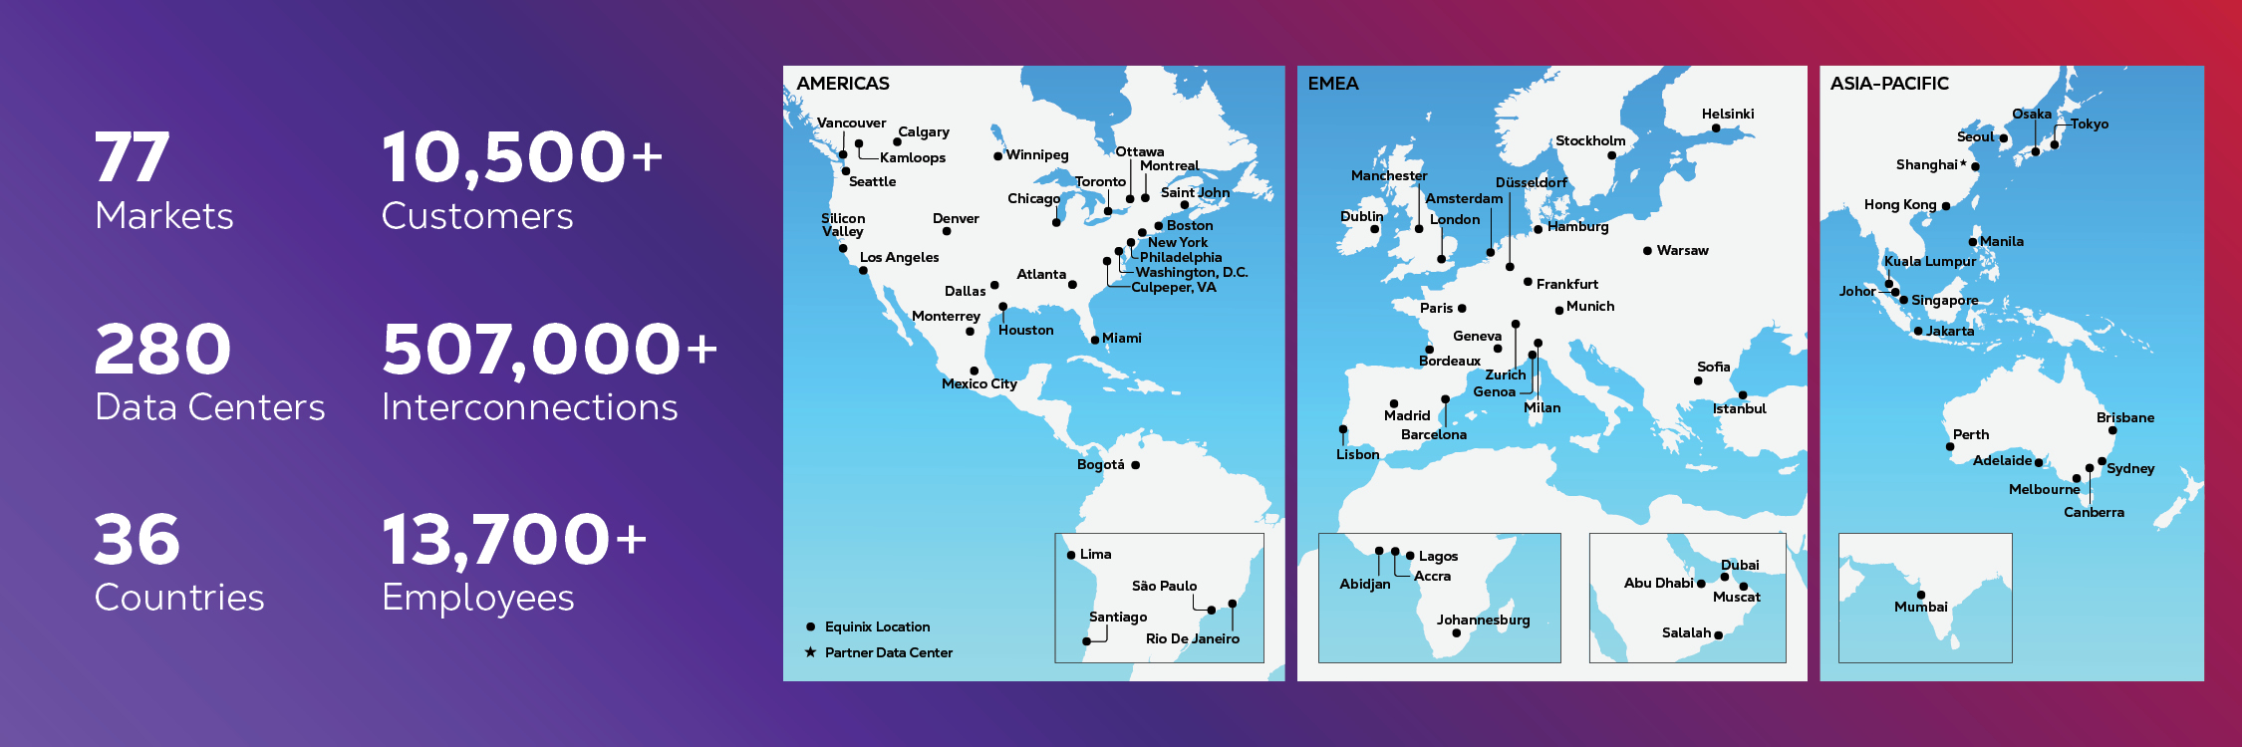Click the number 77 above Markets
click(x=132, y=157)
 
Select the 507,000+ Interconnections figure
click(x=549, y=350)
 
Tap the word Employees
click(x=477, y=598)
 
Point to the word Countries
click(x=179, y=598)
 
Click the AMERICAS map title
click(x=843, y=84)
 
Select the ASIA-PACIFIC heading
click(x=1889, y=84)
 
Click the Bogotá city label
click(x=1100, y=465)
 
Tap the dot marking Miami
click(x=1095, y=340)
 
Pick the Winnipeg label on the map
click(x=1036, y=155)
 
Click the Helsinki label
click(x=1728, y=115)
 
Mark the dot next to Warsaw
click(x=1647, y=251)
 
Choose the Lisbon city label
click(x=1357, y=454)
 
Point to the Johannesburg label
click(x=1483, y=620)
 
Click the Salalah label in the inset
click(x=1686, y=632)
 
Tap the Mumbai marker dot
click(x=1921, y=595)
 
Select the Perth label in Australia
click(x=1970, y=434)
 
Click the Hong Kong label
click(x=1900, y=204)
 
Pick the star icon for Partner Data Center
click(x=811, y=652)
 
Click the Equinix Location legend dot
click(x=811, y=626)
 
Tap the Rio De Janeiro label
click(x=1192, y=638)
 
